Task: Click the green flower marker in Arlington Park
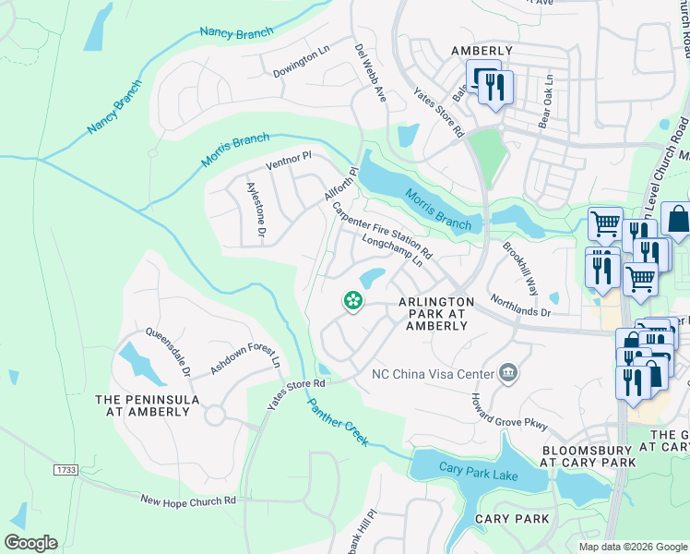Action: click(x=351, y=300)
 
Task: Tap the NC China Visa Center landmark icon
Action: click(x=507, y=373)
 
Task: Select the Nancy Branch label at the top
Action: click(x=237, y=33)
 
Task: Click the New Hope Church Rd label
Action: click(x=188, y=500)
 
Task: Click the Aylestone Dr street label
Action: click(x=255, y=211)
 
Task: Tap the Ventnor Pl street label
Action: click(x=289, y=161)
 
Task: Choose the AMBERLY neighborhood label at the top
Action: click(x=481, y=51)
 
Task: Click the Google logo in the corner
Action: click(x=30, y=543)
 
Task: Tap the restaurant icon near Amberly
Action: click(x=496, y=88)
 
